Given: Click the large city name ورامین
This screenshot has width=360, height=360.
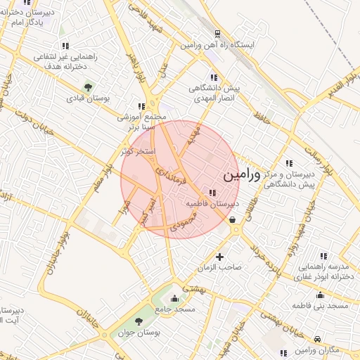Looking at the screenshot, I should (240, 175).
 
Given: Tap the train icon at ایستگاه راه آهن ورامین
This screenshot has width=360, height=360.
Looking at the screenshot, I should (217, 33).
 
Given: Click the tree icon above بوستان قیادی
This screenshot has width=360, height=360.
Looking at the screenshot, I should (88, 87).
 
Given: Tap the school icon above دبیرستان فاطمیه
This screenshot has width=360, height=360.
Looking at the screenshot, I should (212, 192).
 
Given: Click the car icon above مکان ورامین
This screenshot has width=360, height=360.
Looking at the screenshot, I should (318, 338).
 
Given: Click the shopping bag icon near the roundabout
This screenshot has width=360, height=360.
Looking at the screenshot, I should (233, 219).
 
